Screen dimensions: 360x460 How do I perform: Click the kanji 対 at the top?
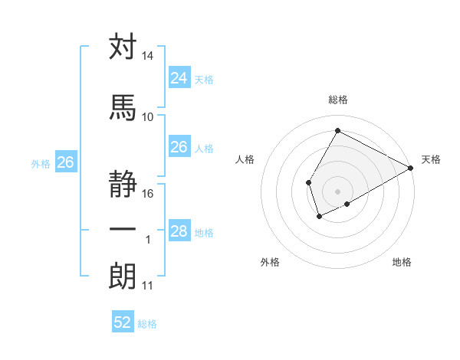(x=123, y=47)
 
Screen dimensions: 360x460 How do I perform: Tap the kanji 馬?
(x=123, y=107)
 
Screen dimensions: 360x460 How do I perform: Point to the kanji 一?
(x=123, y=229)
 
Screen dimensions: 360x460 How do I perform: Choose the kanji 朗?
(x=123, y=277)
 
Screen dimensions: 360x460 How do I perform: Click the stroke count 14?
(x=148, y=57)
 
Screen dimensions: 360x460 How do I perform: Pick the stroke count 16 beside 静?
(x=148, y=194)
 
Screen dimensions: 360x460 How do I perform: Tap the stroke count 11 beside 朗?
(x=148, y=286)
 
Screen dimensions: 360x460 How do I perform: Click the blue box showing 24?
(x=179, y=77)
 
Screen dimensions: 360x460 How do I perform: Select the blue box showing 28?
(x=179, y=231)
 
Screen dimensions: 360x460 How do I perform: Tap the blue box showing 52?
(x=123, y=322)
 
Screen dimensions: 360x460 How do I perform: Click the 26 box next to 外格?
(x=66, y=162)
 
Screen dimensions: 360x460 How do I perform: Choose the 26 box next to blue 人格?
(x=179, y=147)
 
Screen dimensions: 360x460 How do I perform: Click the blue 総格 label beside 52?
(x=147, y=324)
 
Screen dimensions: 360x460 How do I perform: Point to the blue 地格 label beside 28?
(x=204, y=233)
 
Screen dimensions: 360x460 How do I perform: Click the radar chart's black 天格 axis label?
(x=431, y=159)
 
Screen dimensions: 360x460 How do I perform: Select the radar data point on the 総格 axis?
(x=337, y=130)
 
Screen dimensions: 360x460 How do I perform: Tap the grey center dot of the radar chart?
(x=337, y=191)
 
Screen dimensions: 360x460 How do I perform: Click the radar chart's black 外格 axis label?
(x=270, y=262)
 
